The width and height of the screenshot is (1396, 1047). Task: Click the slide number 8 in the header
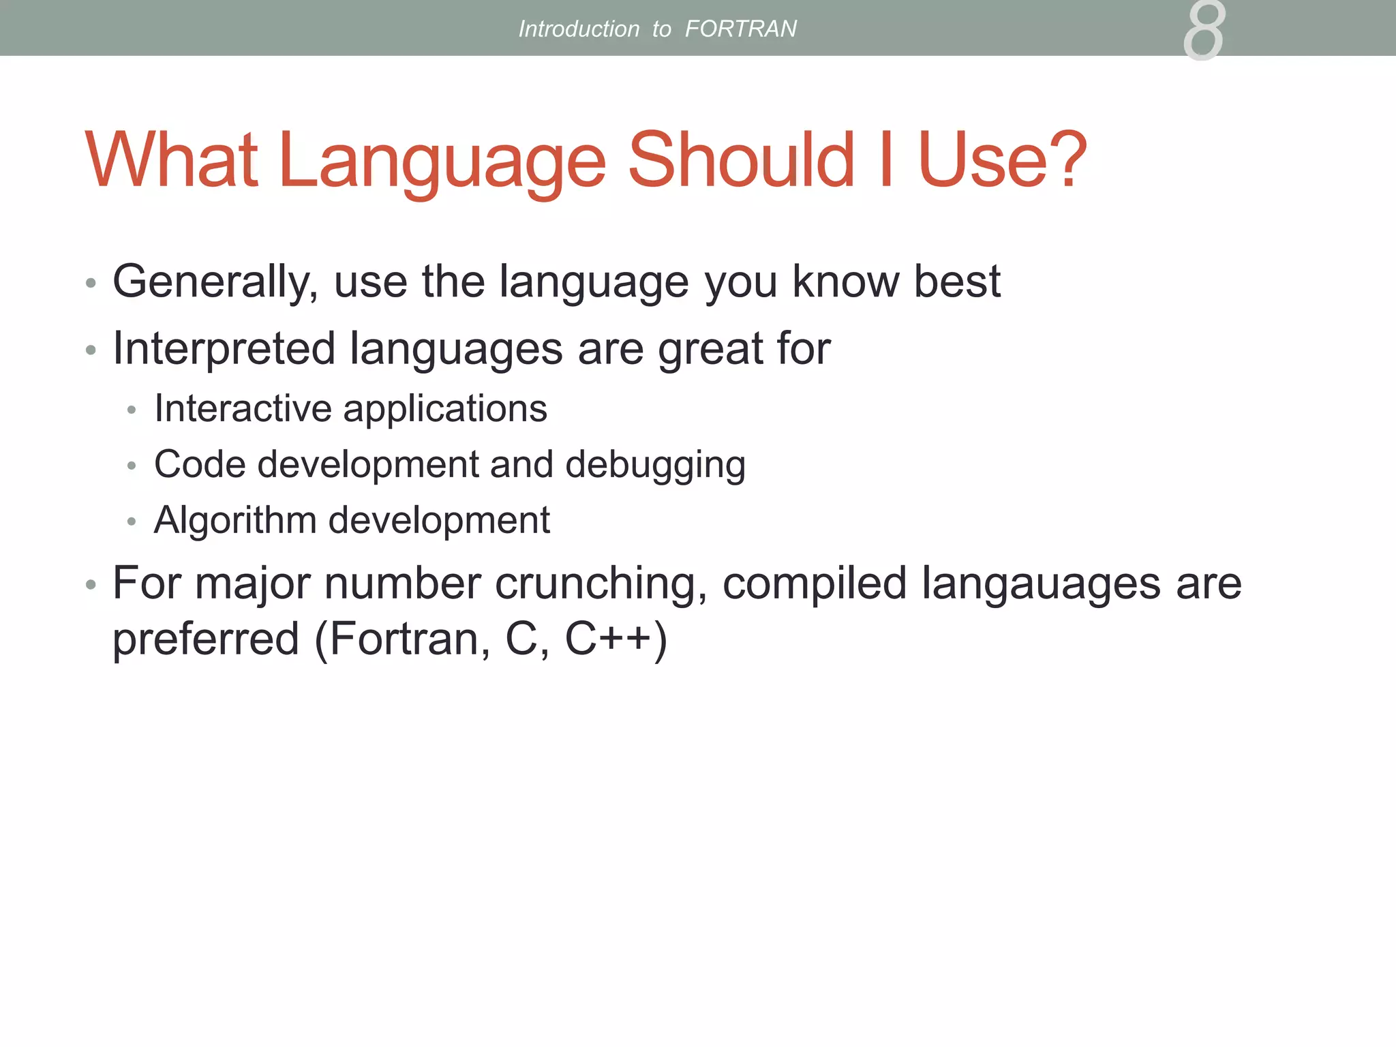(x=1204, y=31)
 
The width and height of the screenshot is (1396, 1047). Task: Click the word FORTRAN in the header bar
(x=740, y=29)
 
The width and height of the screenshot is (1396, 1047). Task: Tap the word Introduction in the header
(x=579, y=29)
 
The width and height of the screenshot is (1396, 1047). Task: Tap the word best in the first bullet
(x=956, y=282)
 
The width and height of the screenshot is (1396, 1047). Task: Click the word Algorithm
(x=235, y=521)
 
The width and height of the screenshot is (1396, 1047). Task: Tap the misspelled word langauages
(x=1041, y=585)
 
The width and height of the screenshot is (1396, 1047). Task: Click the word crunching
(x=601, y=585)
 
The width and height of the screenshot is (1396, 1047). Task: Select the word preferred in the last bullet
(x=206, y=640)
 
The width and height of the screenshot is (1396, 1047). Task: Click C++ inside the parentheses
(x=608, y=639)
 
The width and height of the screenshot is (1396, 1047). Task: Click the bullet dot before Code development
(x=132, y=466)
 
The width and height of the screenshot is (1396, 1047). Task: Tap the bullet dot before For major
(x=91, y=585)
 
